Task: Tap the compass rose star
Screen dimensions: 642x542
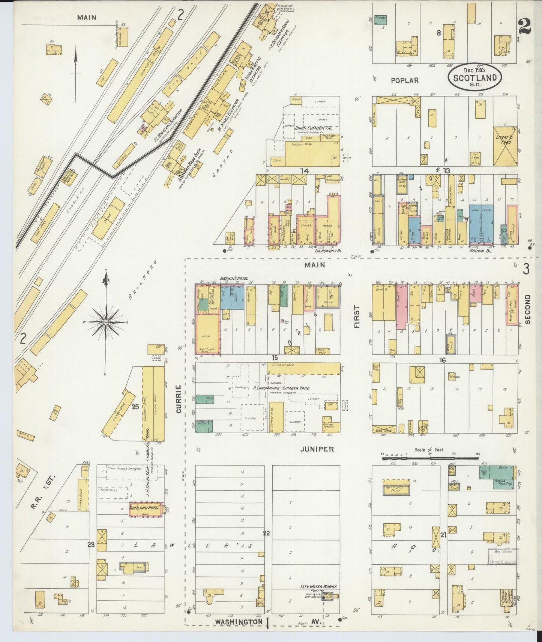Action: click(x=106, y=322)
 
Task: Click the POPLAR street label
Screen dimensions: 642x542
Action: click(x=404, y=80)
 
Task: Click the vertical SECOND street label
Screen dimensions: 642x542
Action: click(x=527, y=309)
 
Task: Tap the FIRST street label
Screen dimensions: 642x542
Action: click(x=356, y=316)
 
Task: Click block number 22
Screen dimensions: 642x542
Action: click(x=266, y=533)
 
